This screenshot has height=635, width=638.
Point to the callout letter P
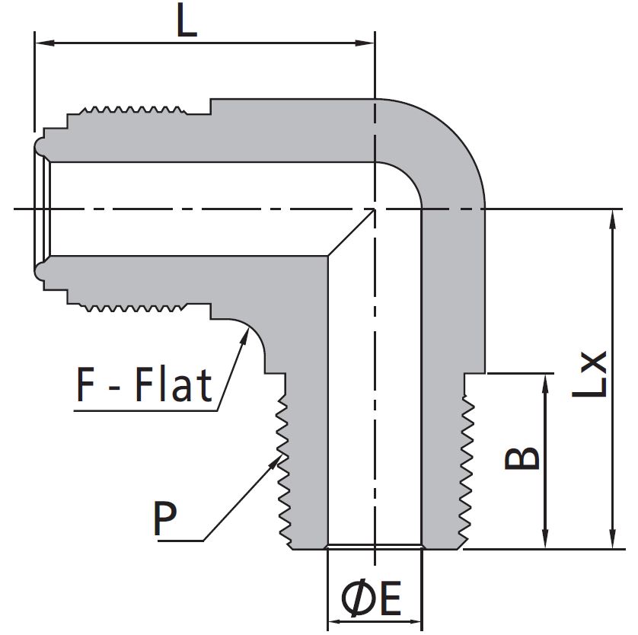point(165,519)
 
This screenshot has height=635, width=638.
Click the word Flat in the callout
point(173,385)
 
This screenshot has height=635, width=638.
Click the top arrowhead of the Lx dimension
point(611,216)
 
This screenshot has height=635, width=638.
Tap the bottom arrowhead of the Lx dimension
point(611,541)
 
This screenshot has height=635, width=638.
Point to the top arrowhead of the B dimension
point(546,381)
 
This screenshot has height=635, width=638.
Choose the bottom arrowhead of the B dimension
point(546,541)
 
